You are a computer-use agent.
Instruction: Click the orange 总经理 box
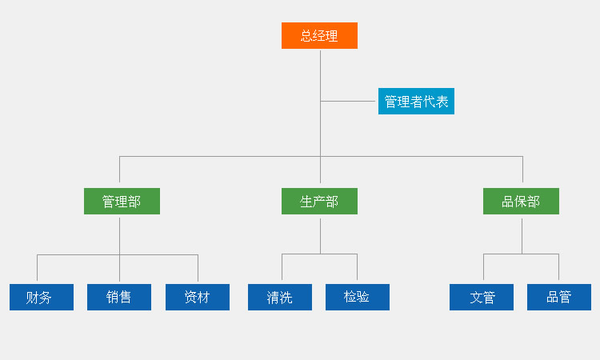point(319,35)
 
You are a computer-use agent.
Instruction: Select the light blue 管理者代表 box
point(416,101)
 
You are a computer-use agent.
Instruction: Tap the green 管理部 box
point(122,202)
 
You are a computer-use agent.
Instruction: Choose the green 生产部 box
point(319,202)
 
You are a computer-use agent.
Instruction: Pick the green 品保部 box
point(521,202)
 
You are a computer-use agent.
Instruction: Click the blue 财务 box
point(42,298)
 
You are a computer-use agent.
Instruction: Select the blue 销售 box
point(119,298)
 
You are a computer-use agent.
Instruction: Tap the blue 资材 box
point(198,298)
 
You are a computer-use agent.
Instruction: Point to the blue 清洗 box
point(280,298)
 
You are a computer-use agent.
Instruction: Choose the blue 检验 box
point(358,298)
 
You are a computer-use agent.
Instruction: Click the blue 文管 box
point(482,298)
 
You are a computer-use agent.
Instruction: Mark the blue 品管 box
point(559,298)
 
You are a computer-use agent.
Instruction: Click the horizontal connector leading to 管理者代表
point(348,101)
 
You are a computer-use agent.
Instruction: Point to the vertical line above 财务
point(37,268)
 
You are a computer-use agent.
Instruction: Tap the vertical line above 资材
point(198,268)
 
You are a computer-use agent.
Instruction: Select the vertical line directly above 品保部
point(522,169)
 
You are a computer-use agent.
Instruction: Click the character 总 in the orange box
point(307,36)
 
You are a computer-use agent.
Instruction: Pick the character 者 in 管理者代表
point(416,102)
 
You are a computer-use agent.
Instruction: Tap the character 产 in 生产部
point(319,202)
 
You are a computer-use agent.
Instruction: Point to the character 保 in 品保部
point(521,202)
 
